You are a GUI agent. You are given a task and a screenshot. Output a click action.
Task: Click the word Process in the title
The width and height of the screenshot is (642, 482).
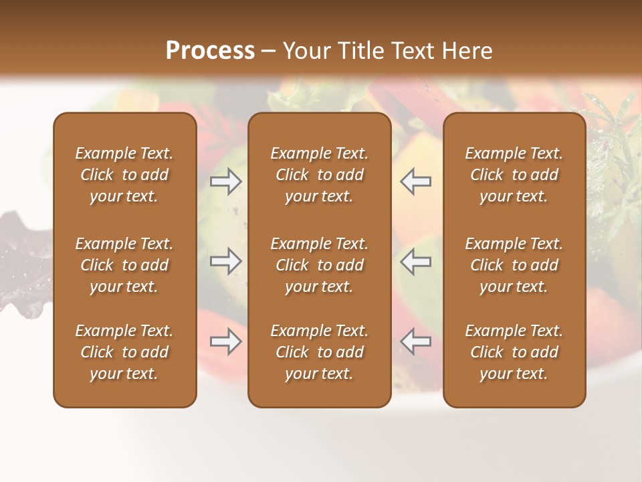point(210,51)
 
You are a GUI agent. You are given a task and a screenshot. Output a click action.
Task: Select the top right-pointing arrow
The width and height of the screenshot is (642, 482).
point(226,181)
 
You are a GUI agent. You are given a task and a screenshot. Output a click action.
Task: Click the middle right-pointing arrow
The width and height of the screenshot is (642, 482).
point(226,261)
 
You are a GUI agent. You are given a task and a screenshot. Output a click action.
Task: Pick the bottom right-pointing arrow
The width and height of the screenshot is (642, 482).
point(226,341)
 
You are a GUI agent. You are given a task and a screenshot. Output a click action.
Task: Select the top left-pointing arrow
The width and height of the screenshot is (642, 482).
point(415,181)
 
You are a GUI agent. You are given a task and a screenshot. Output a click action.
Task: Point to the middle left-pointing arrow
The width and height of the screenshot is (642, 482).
point(415,261)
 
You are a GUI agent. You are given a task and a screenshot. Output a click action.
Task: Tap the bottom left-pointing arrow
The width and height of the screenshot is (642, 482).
point(415,341)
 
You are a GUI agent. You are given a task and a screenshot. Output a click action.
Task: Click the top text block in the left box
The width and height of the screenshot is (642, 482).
point(124,175)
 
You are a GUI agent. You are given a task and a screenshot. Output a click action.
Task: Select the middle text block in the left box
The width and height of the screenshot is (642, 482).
point(124,265)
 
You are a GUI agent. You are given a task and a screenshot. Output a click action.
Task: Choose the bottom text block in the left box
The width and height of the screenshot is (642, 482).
point(124,352)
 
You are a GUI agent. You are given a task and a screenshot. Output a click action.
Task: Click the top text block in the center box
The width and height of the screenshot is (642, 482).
point(320,175)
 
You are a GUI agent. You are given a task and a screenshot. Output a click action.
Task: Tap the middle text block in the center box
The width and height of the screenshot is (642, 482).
point(320,265)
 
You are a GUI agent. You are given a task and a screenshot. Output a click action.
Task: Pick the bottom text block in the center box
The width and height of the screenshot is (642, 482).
point(320,352)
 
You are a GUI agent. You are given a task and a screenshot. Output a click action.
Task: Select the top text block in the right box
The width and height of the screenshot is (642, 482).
point(514,175)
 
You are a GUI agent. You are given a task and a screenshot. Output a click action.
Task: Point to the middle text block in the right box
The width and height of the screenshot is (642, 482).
point(514,265)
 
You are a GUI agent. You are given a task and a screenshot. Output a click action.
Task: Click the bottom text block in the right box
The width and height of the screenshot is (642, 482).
point(514,352)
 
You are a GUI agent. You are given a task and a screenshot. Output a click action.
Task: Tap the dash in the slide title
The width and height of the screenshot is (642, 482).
point(269,52)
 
